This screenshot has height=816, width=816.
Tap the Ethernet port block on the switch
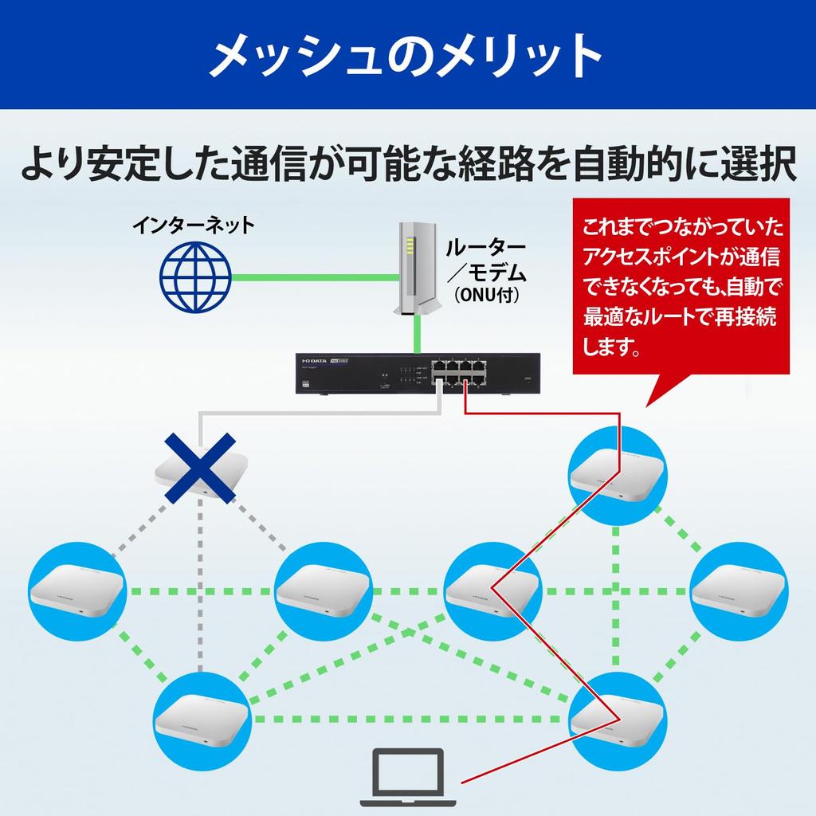[458, 372]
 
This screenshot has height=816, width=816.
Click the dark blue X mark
[200, 468]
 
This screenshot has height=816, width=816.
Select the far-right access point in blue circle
[738, 591]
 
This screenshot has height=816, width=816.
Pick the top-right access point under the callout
[615, 475]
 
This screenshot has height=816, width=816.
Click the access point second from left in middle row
[322, 591]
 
